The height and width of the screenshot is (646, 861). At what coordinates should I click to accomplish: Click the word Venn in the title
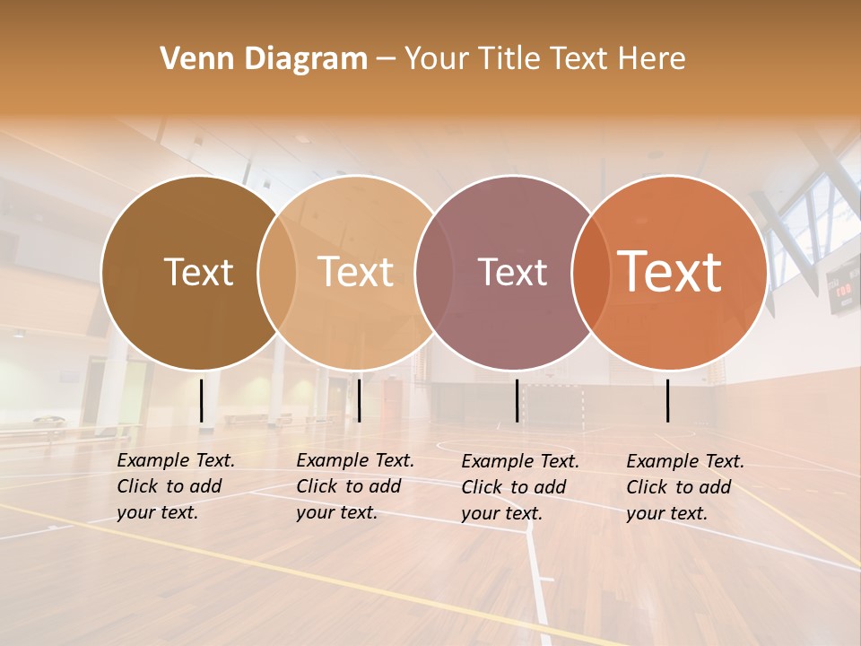tap(189, 58)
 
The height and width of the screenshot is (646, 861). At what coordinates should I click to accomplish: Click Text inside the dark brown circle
tap(198, 272)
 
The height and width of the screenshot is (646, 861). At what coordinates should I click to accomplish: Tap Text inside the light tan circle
tap(356, 272)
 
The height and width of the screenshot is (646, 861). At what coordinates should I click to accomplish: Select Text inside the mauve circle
tap(512, 272)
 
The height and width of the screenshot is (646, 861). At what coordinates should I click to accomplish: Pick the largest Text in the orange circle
tap(669, 272)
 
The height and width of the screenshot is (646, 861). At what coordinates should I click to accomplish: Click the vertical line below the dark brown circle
tap(202, 400)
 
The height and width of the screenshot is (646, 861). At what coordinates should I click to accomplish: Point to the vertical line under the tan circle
tap(359, 400)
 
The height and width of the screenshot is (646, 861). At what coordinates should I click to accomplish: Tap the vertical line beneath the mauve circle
tap(517, 400)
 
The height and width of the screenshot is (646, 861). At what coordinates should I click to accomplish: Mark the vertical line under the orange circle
tap(668, 400)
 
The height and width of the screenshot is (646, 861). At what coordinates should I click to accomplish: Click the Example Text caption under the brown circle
tap(175, 486)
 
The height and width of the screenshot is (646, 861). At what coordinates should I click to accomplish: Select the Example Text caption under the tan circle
tap(354, 486)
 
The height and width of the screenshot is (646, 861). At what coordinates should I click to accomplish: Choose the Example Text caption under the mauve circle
tap(520, 487)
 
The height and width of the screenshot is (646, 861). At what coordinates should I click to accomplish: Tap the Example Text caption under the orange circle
tap(684, 487)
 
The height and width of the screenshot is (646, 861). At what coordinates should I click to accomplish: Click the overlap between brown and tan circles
tap(277, 272)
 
